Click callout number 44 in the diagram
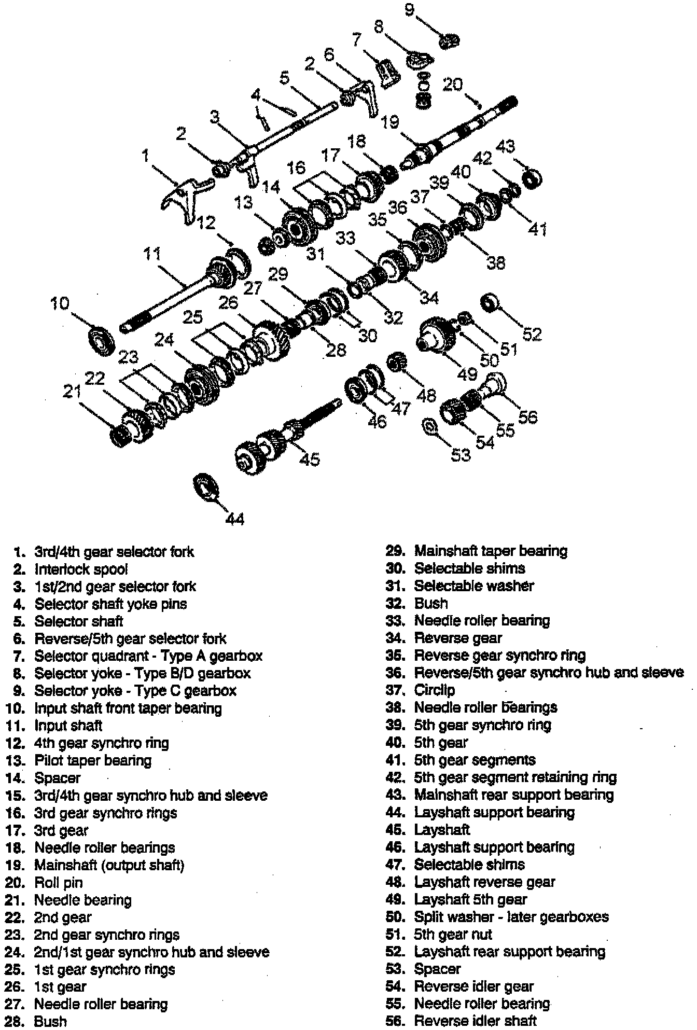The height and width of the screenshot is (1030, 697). point(235,518)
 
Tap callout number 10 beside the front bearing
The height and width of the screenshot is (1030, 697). point(60,303)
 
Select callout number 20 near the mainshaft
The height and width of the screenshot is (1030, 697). point(452,84)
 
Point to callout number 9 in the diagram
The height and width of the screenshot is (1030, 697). point(410,9)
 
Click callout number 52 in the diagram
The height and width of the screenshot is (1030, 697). point(532,335)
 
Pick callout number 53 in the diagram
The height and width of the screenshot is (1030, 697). point(461,455)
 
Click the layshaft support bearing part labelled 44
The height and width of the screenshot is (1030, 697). point(206,487)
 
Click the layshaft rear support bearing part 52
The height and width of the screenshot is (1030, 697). point(489,302)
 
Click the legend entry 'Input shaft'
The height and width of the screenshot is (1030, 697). point(68,726)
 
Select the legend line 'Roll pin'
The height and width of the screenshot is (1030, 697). point(58,883)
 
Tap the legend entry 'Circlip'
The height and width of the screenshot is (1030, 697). point(434,690)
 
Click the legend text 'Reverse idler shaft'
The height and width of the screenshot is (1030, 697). point(475,1021)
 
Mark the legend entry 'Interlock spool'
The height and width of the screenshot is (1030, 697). point(81,569)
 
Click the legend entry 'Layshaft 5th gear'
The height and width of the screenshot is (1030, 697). point(470,900)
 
